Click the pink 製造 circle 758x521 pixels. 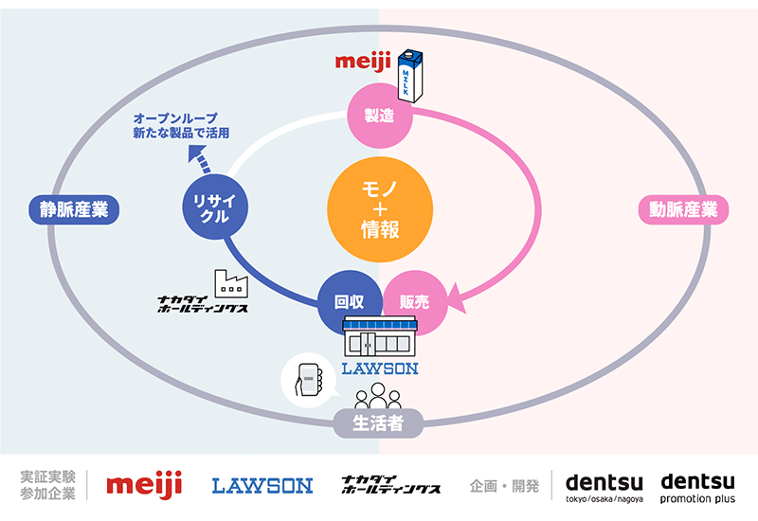coord(380,116)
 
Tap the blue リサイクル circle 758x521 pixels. coord(215,207)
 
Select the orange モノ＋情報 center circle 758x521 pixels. coord(380,209)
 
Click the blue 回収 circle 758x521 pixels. coord(349,302)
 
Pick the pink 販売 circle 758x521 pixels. coord(415,302)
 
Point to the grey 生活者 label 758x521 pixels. coord(378,423)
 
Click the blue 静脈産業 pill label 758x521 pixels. coord(74,209)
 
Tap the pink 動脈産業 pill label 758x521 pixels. coord(683,209)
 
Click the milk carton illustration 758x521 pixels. coord(410,76)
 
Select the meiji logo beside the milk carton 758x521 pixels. coord(363,63)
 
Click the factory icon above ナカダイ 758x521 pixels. coord(231,283)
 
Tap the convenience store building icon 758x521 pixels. coord(380,337)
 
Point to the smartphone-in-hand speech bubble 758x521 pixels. coord(309,381)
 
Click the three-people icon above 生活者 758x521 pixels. coord(378,396)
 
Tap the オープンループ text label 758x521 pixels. coord(175,118)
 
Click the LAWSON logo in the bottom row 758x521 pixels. coord(262,486)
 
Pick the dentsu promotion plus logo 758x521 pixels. coord(697,488)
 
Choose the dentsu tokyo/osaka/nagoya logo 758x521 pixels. coord(605,488)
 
